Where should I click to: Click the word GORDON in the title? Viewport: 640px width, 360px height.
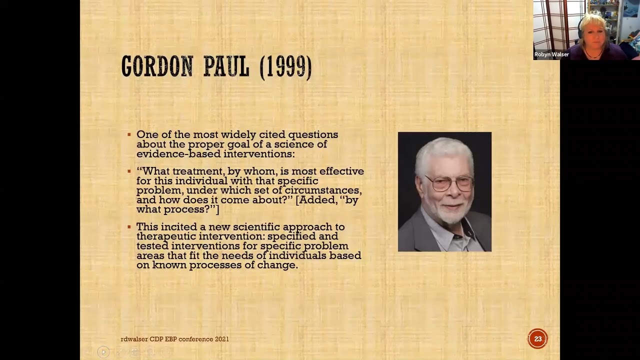tap(157, 66)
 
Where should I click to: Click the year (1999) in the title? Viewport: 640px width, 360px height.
tap(285, 66)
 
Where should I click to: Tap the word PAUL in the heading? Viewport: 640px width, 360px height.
tap(226, 66)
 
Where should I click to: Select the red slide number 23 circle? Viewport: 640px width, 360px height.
tap(537, 339)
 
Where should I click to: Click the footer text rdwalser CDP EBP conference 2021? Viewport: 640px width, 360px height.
tap(174, 339)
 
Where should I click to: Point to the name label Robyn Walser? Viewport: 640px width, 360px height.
tap(551, 54)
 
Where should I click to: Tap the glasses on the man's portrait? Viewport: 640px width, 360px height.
tap(449, 183)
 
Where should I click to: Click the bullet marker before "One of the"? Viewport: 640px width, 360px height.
tap(129, 134)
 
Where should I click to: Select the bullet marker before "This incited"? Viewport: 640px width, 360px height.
tap(129, 227)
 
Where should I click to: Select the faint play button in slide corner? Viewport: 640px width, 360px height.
tap(103, 352)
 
